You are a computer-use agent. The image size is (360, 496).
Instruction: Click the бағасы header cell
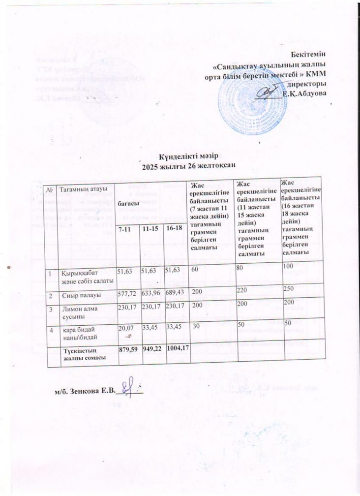(x=127, y=203)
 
